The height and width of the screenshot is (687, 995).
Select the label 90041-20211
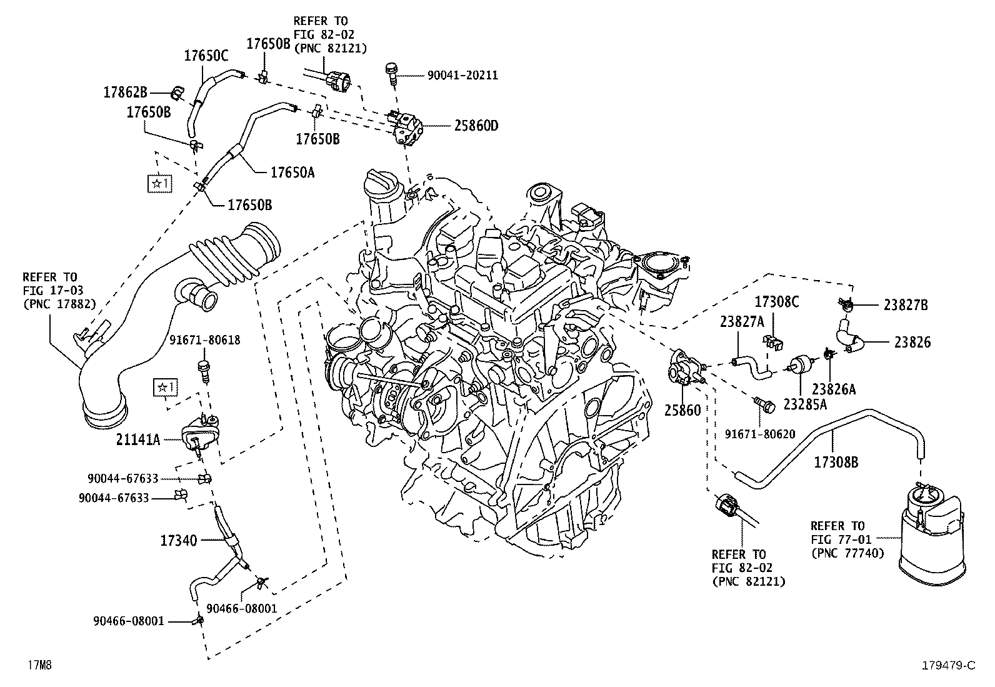(462, 75)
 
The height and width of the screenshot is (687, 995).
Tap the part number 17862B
(125, 93)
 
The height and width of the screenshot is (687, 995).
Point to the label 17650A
(292, 172)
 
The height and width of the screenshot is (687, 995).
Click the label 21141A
(137, 440)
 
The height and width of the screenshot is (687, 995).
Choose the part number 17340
(178, 540)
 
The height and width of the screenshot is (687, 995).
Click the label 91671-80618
(205, 340)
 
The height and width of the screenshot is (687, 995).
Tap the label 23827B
(906, 305)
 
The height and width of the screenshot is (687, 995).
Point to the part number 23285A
(805, 404)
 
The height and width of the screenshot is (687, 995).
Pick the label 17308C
(777, 302)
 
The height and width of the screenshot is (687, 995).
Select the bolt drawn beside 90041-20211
(392, 72)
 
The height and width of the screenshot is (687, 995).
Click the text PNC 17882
(59, 304)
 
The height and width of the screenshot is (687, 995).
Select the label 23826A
(834, 389)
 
